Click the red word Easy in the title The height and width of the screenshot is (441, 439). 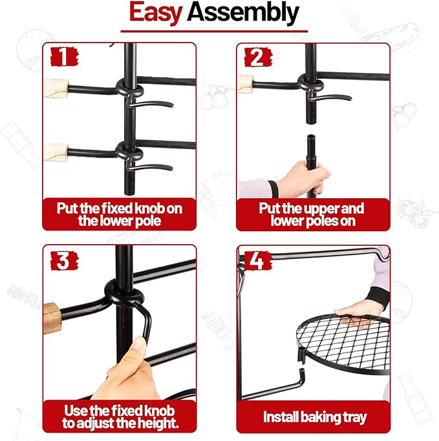155,13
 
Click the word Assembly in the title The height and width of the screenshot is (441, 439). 242,12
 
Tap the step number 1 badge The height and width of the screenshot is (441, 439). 64,57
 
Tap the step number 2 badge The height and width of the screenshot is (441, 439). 258,57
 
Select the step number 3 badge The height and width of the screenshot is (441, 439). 64,260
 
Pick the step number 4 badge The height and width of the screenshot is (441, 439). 257,260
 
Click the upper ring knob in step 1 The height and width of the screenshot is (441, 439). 129,87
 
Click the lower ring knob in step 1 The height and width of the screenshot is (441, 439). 129,151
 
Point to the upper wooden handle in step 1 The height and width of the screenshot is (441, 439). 56,88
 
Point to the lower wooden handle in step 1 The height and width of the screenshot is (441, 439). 56,152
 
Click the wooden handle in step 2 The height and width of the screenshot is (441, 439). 245,84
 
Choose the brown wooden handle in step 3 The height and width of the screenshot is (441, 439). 52,318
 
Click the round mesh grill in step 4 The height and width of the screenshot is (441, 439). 343,344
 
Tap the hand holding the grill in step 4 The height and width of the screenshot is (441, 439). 358,313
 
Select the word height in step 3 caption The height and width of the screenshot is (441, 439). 159,424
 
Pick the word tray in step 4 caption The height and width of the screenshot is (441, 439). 354,417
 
